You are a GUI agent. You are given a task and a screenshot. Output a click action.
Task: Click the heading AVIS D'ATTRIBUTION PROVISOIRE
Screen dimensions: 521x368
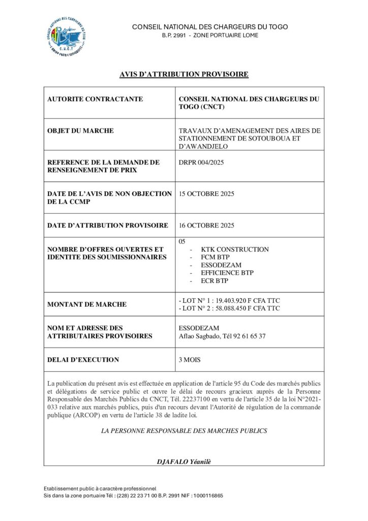[x=183, y=74]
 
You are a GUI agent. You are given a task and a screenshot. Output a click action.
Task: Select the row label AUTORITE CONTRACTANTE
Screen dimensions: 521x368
[x=95, y=99]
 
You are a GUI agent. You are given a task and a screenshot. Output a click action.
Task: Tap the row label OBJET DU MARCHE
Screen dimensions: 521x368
[x=80, y=131]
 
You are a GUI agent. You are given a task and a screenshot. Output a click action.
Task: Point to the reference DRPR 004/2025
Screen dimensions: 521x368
[x=202, y=162]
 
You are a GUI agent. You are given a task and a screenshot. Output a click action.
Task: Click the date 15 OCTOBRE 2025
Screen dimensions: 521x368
[x=207, y=194]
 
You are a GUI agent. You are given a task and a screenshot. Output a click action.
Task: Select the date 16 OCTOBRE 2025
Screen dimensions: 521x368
[x=207, y=225]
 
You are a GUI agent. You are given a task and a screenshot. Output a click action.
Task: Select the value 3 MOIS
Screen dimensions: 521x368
[x=190, y=360]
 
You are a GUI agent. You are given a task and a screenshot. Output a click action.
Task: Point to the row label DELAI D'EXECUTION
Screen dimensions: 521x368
[x=83, y=360]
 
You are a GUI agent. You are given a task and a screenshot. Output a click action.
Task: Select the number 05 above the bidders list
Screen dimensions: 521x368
[x=183, y=241]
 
